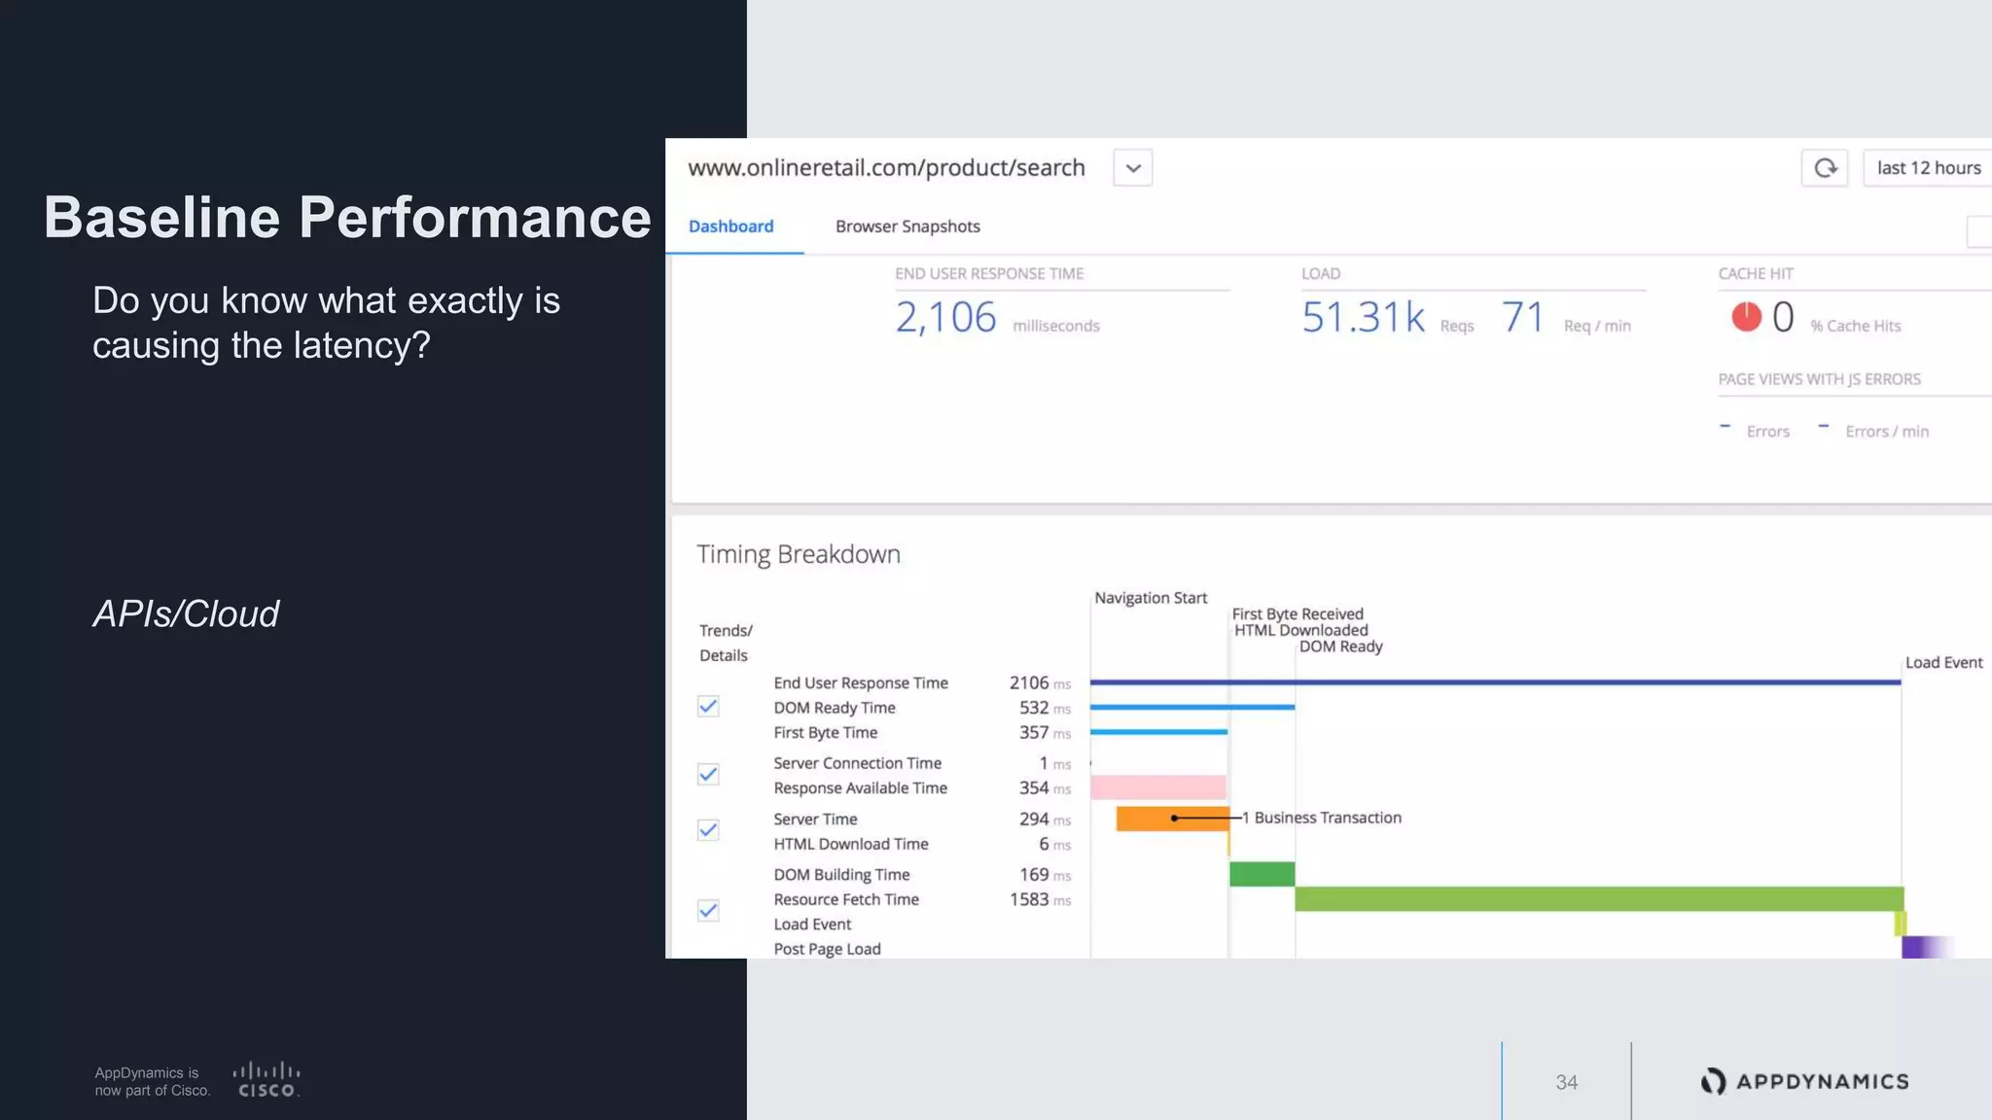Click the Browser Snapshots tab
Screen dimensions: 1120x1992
coord(907,227)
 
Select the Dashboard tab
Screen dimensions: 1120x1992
coord(731,227)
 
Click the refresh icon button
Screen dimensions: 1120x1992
coord(1825,168)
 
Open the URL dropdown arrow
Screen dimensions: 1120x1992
coord(1132,168)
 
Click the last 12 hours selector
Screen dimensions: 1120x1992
coord(1928,168)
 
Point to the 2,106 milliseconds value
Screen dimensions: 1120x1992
coord(945,318)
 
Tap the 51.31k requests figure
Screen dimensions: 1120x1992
coord(1363,318)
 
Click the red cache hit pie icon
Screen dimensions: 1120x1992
coord(1746,317)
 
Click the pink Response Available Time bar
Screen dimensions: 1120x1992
coord(1157,787)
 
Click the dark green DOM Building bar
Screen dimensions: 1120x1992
coord(1262,874)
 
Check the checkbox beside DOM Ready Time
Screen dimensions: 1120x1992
coord(708,707)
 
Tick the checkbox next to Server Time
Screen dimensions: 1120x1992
coord(708,830)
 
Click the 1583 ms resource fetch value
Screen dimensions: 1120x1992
coord(1030,899)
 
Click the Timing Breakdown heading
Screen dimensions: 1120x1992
coord(799,554)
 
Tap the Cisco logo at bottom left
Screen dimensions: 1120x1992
coord(267,1080)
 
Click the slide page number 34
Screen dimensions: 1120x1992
coord(1566,1082)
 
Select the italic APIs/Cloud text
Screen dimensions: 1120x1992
coord(186,614)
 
